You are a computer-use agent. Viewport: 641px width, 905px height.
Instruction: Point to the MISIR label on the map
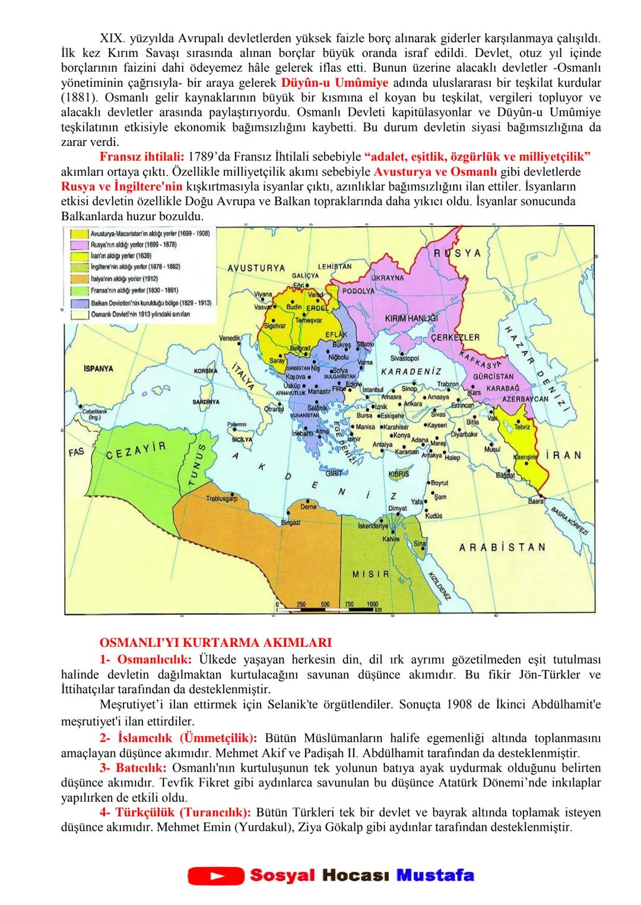370,574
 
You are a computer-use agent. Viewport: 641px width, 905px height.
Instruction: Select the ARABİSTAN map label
502,547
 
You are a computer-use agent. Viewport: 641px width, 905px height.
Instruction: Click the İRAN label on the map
563,455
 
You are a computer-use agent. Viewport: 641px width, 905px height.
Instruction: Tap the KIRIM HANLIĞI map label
411,318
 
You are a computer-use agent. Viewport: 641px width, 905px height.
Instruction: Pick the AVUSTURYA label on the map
256,268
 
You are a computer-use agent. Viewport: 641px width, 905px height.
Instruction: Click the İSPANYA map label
99,369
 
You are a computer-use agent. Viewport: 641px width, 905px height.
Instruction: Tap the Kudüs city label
434,516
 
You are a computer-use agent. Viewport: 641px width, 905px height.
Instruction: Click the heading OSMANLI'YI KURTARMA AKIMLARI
215,642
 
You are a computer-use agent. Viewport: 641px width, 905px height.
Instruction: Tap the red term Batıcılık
132,767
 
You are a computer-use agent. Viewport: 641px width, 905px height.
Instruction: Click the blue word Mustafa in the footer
435,875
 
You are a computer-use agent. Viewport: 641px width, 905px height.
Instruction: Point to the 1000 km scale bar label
372,604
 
